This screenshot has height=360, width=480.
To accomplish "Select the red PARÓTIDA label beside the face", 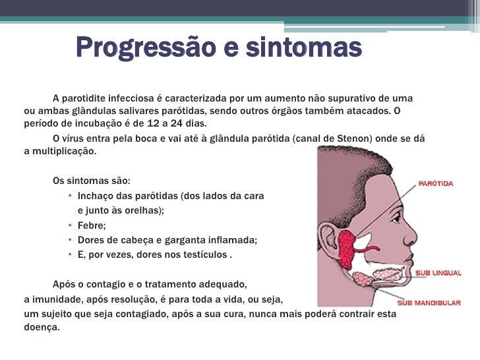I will tap(436, 183).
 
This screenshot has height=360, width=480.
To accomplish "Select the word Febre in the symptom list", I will tap(90, 225).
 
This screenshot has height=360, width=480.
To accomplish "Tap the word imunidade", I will tap(52, 299).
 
